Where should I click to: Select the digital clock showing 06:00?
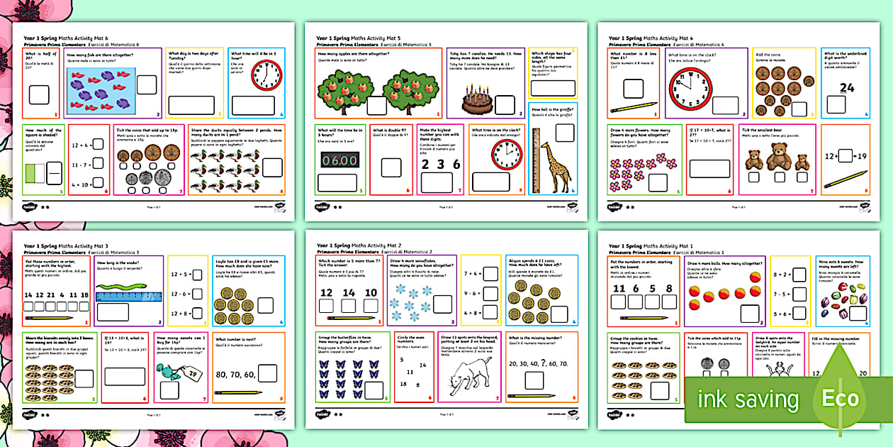click(337, 160)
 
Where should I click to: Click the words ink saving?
click(748, 399)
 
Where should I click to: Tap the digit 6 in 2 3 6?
click(456, 164)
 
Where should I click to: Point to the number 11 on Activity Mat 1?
click(619, 289)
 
